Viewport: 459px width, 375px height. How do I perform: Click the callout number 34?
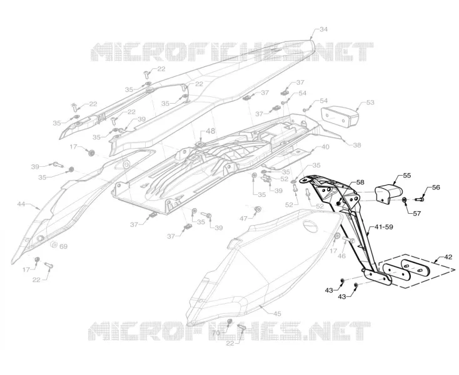click(323, 29)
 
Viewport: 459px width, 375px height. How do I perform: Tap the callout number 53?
click(370, 102)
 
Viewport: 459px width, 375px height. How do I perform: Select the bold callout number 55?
click(407, 175)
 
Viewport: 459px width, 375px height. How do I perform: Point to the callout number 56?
click(436, 187)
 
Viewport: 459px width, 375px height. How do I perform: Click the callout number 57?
click(417, 214)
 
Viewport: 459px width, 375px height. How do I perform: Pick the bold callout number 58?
click(360, 182)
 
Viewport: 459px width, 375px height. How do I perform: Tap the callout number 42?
click(448, 257)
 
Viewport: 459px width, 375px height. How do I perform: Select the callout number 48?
click(210, 131)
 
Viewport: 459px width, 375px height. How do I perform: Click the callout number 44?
click(21, 204)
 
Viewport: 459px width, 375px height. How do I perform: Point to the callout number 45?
click(277, 314)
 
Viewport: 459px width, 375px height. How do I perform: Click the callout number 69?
click(64, 247)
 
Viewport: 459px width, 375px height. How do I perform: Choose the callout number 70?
click(216, 333)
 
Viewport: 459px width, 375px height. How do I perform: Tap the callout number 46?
click(341, 256)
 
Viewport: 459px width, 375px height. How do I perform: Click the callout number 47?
click(243, 218)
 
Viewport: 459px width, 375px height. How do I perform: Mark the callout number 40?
click(325, 146)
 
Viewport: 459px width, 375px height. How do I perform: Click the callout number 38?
click(357, 145)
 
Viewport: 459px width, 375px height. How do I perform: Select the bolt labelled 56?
click(420, 199)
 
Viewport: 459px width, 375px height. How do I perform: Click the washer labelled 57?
click(404, 200)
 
